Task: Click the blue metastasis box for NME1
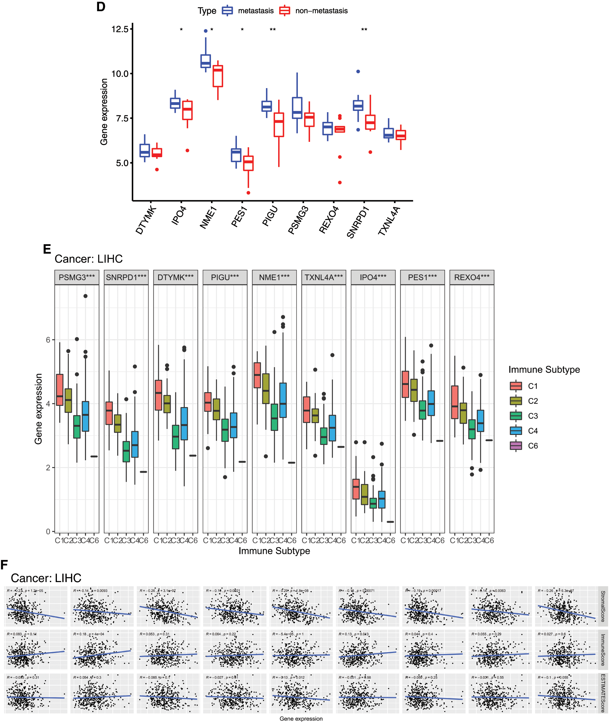[x=205, y=61]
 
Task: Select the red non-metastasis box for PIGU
[x=278, y=125]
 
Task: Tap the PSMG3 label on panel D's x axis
[x=298, y=220]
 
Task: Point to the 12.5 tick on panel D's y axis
[x=119, y=29]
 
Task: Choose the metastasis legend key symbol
[x=227, y=11]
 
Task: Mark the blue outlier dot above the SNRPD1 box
[x=358, y=72]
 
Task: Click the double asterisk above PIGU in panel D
[x=273, y=30]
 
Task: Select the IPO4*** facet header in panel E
[x=373, y=277]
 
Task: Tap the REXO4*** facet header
[x=472, y=277]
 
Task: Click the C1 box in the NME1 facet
[x=257, y=375]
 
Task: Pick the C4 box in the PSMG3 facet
[x=85, y=416]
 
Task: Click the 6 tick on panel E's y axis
[x=48, y=340]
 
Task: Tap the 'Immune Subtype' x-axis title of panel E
[x=274, y=551]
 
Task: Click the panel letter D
[x=101, y=7]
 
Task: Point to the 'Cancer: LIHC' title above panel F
[x=46, y=578]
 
